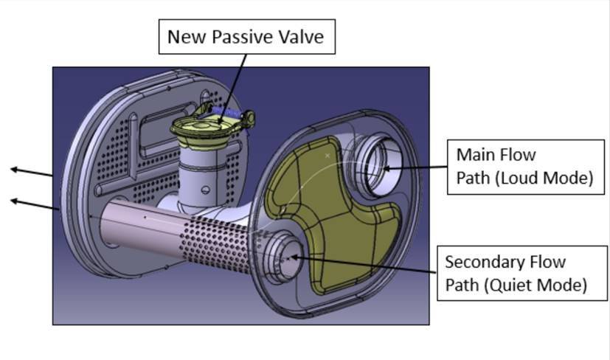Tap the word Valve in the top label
[301, 37]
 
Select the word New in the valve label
[188, 37]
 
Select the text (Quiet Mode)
[536, 285]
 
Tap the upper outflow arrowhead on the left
[14, 169]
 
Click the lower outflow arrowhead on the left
[14, 201]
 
